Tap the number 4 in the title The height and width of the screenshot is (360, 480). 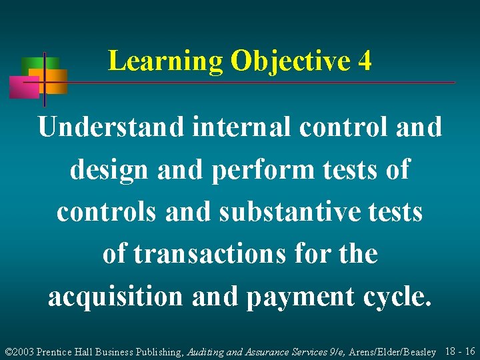(364, 61)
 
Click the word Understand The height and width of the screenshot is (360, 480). (110, 127)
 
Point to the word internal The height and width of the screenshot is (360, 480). (241, 127)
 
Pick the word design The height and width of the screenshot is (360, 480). (109, 169)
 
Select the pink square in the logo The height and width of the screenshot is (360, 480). (24, 87)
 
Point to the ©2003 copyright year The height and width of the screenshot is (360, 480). (19, 351)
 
